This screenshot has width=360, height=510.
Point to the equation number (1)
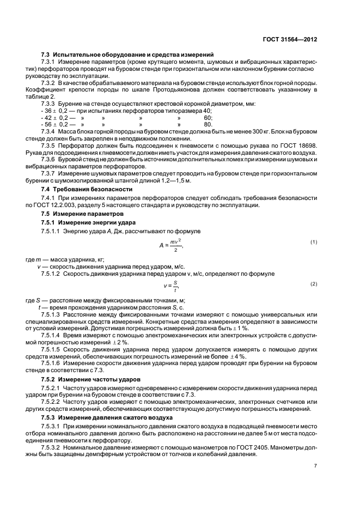click(314, 241)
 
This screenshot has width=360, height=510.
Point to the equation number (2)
click(314, 284)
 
